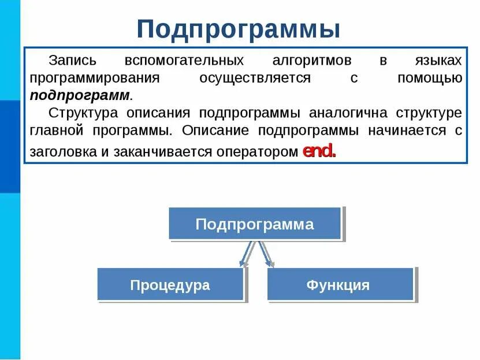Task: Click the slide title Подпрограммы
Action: pos(239,28)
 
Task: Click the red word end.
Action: pos(319,152)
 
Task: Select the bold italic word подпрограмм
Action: pos(80,95)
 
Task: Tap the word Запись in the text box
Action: pos(71,61)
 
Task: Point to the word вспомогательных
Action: pos(184,61)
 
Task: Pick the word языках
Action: pos(438,61)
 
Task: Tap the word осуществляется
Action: pos(255,78)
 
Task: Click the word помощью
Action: pos(430,78)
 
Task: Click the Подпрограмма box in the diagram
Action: pos(255,224)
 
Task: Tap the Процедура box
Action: pos(170,284)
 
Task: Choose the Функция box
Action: pos(340,284)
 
